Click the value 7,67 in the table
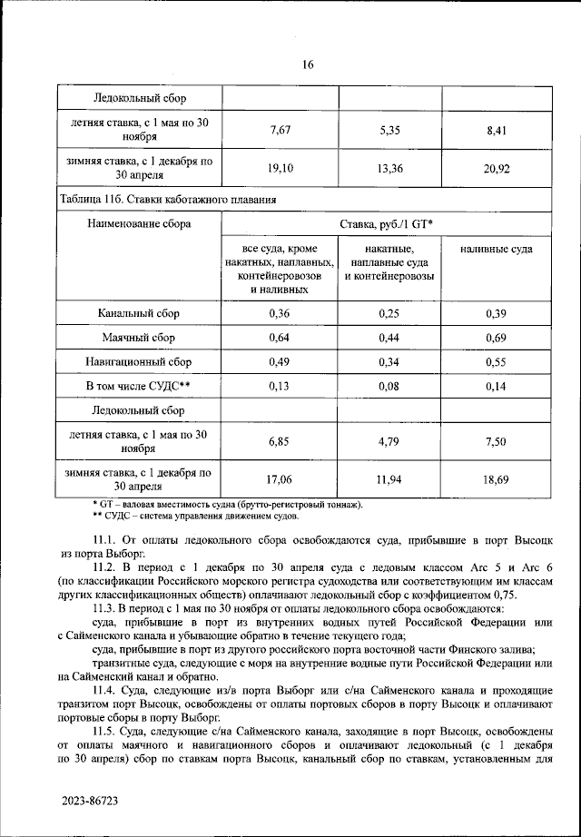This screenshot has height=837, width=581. click(x=280, y=130)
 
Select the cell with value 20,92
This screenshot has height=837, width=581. click(x=496, y=168)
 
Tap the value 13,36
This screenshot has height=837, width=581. click(x=389, y=168)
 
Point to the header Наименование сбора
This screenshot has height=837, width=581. click(x=139, y=222)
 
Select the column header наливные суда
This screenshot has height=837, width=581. click(x=496, y=249)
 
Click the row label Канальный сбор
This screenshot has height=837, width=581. click(x=139, y=313)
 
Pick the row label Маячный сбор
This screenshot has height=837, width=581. click(x=139, y=338)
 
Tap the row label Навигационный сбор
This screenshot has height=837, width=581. click(x=139, y=362)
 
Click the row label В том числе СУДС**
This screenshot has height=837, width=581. click(x=139, y=387)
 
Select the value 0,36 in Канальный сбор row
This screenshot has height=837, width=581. click(x=280, y=313)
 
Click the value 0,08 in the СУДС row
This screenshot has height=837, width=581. click(x=389, y=387)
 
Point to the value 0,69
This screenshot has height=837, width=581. click(x=496, y=338)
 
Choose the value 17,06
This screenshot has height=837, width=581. click(x=280, y=478)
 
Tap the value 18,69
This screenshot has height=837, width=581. click(x=496, y=478)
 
